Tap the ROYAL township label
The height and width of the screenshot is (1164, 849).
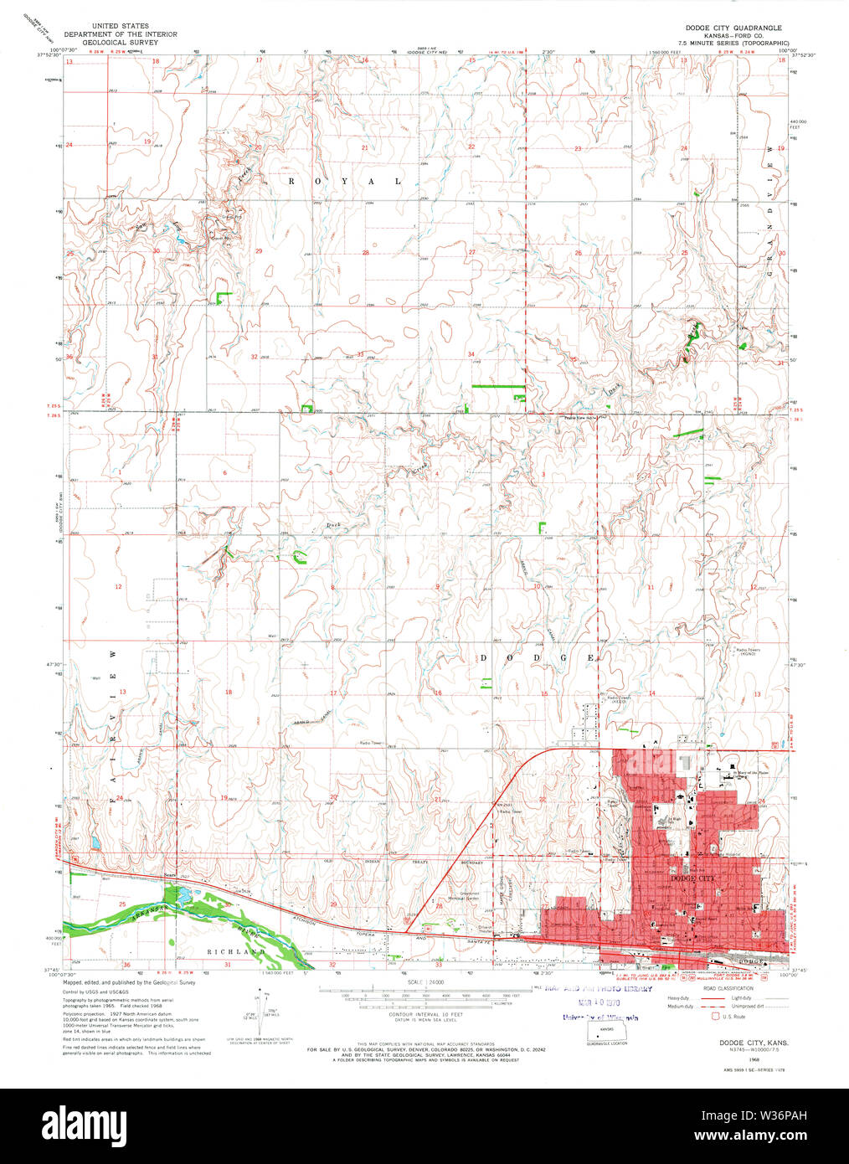[345, 181]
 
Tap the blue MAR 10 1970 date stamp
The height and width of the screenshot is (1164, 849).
[590, 1002]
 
